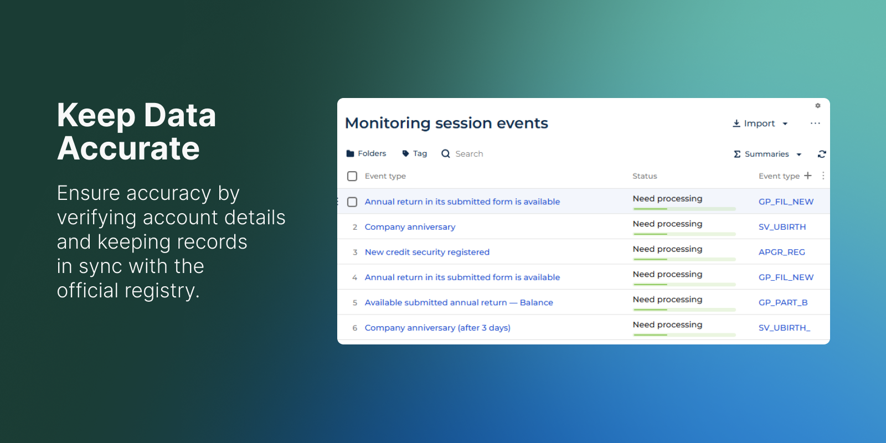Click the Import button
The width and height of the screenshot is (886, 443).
[x=760, y=123]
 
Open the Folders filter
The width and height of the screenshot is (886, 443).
[x=366, y=153]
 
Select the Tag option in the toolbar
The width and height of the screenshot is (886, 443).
[x=414, y=153]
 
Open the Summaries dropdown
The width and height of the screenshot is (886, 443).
[x=767, y=154]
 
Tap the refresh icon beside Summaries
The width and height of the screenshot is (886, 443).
[x=822, y=154]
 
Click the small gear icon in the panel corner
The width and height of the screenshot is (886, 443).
[x=817, y=106]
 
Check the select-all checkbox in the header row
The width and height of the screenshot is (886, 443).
[x=352, y=176]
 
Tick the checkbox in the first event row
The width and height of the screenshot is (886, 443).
[x=352, y=202]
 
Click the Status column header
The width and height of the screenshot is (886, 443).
[x=645, y=176]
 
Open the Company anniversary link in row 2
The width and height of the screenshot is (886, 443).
[x=410, y=227]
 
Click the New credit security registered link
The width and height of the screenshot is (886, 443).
[x=427, y=252]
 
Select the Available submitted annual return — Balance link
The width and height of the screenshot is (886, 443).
[x=459, y=302]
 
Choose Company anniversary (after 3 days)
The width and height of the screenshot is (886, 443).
[x=437, y=328]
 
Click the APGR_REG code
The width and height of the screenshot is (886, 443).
[x=781, y=252]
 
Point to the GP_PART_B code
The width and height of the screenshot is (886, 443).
[x=783, y=302]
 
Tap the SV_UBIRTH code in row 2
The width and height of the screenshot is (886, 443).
[x=782, y=227]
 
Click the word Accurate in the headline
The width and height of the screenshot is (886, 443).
[x=128, y=148]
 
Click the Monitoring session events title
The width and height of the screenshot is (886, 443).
[x=446, y=123]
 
